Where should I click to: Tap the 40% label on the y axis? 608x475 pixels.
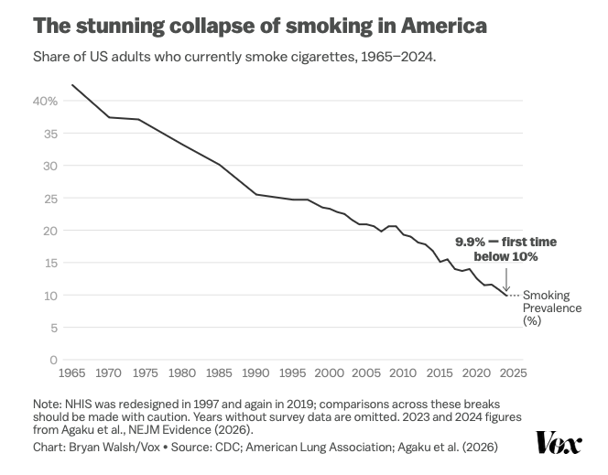pos(46,101)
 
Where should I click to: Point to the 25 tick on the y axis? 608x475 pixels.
pos(50,198)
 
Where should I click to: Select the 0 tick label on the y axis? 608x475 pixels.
pos(54,360)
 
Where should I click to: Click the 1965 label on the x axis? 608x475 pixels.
pos(71,373)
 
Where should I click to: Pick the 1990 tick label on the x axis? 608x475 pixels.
pos(255,373)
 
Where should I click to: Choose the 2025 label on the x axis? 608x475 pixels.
pos(514,373)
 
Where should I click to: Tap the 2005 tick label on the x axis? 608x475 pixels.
pos(366,373)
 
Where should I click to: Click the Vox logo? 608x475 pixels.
pos(559,444)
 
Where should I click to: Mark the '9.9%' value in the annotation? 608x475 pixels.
pos(472,243)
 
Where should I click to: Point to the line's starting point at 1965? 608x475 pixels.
pos(71,85)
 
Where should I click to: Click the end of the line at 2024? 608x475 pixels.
pos(506,296)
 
